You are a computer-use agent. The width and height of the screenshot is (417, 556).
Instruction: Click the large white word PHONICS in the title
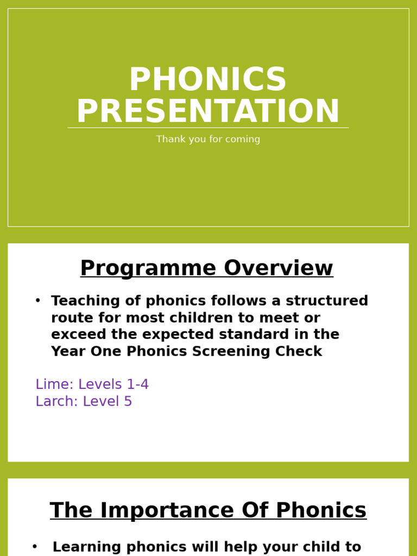click(207, 80)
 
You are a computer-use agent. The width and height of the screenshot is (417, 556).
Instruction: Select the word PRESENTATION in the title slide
click(208, 112)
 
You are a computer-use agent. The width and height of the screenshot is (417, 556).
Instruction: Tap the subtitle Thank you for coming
click(208, 140)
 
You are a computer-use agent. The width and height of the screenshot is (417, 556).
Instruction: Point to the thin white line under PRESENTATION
click(208, 128)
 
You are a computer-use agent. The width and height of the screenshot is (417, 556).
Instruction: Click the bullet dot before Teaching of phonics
click(37, 300)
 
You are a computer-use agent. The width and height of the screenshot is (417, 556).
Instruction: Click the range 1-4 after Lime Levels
click(137, 384)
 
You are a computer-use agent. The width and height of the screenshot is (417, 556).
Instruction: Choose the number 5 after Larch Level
click(128, 402)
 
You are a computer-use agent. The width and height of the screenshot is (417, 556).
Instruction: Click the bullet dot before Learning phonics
click(35, 547)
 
